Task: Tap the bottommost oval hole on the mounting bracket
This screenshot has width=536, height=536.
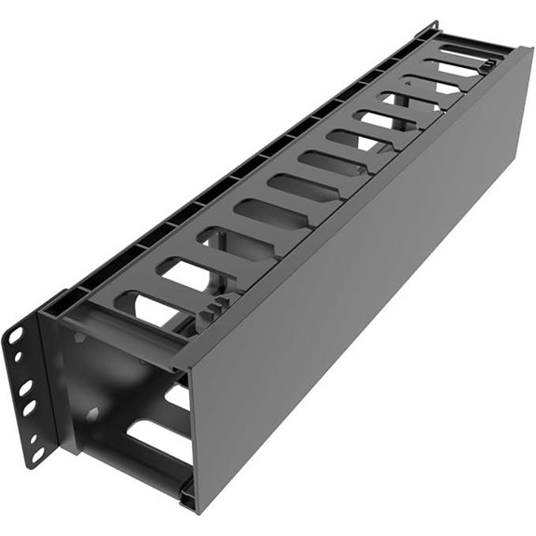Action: coord(38,454)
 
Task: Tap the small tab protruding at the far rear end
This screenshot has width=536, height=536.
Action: coord(431,28)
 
